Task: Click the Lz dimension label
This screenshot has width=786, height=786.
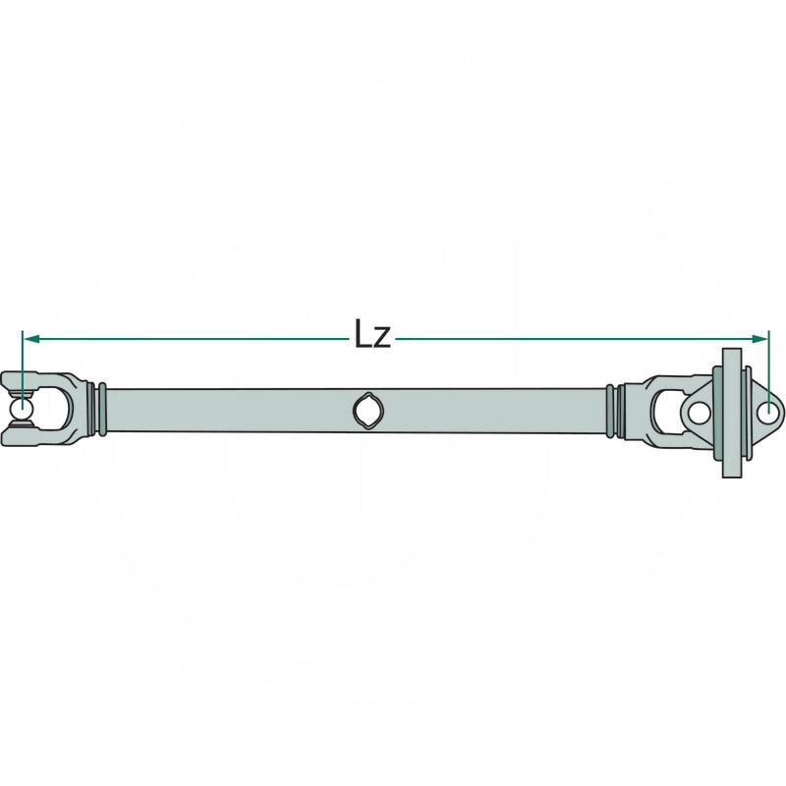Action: [x=373, y=337]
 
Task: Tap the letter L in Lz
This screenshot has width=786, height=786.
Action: [x=363, y=337]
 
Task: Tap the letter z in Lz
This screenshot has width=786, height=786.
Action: [x=384, y=340]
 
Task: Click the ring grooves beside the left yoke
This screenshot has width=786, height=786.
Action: [x=95, y=408]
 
